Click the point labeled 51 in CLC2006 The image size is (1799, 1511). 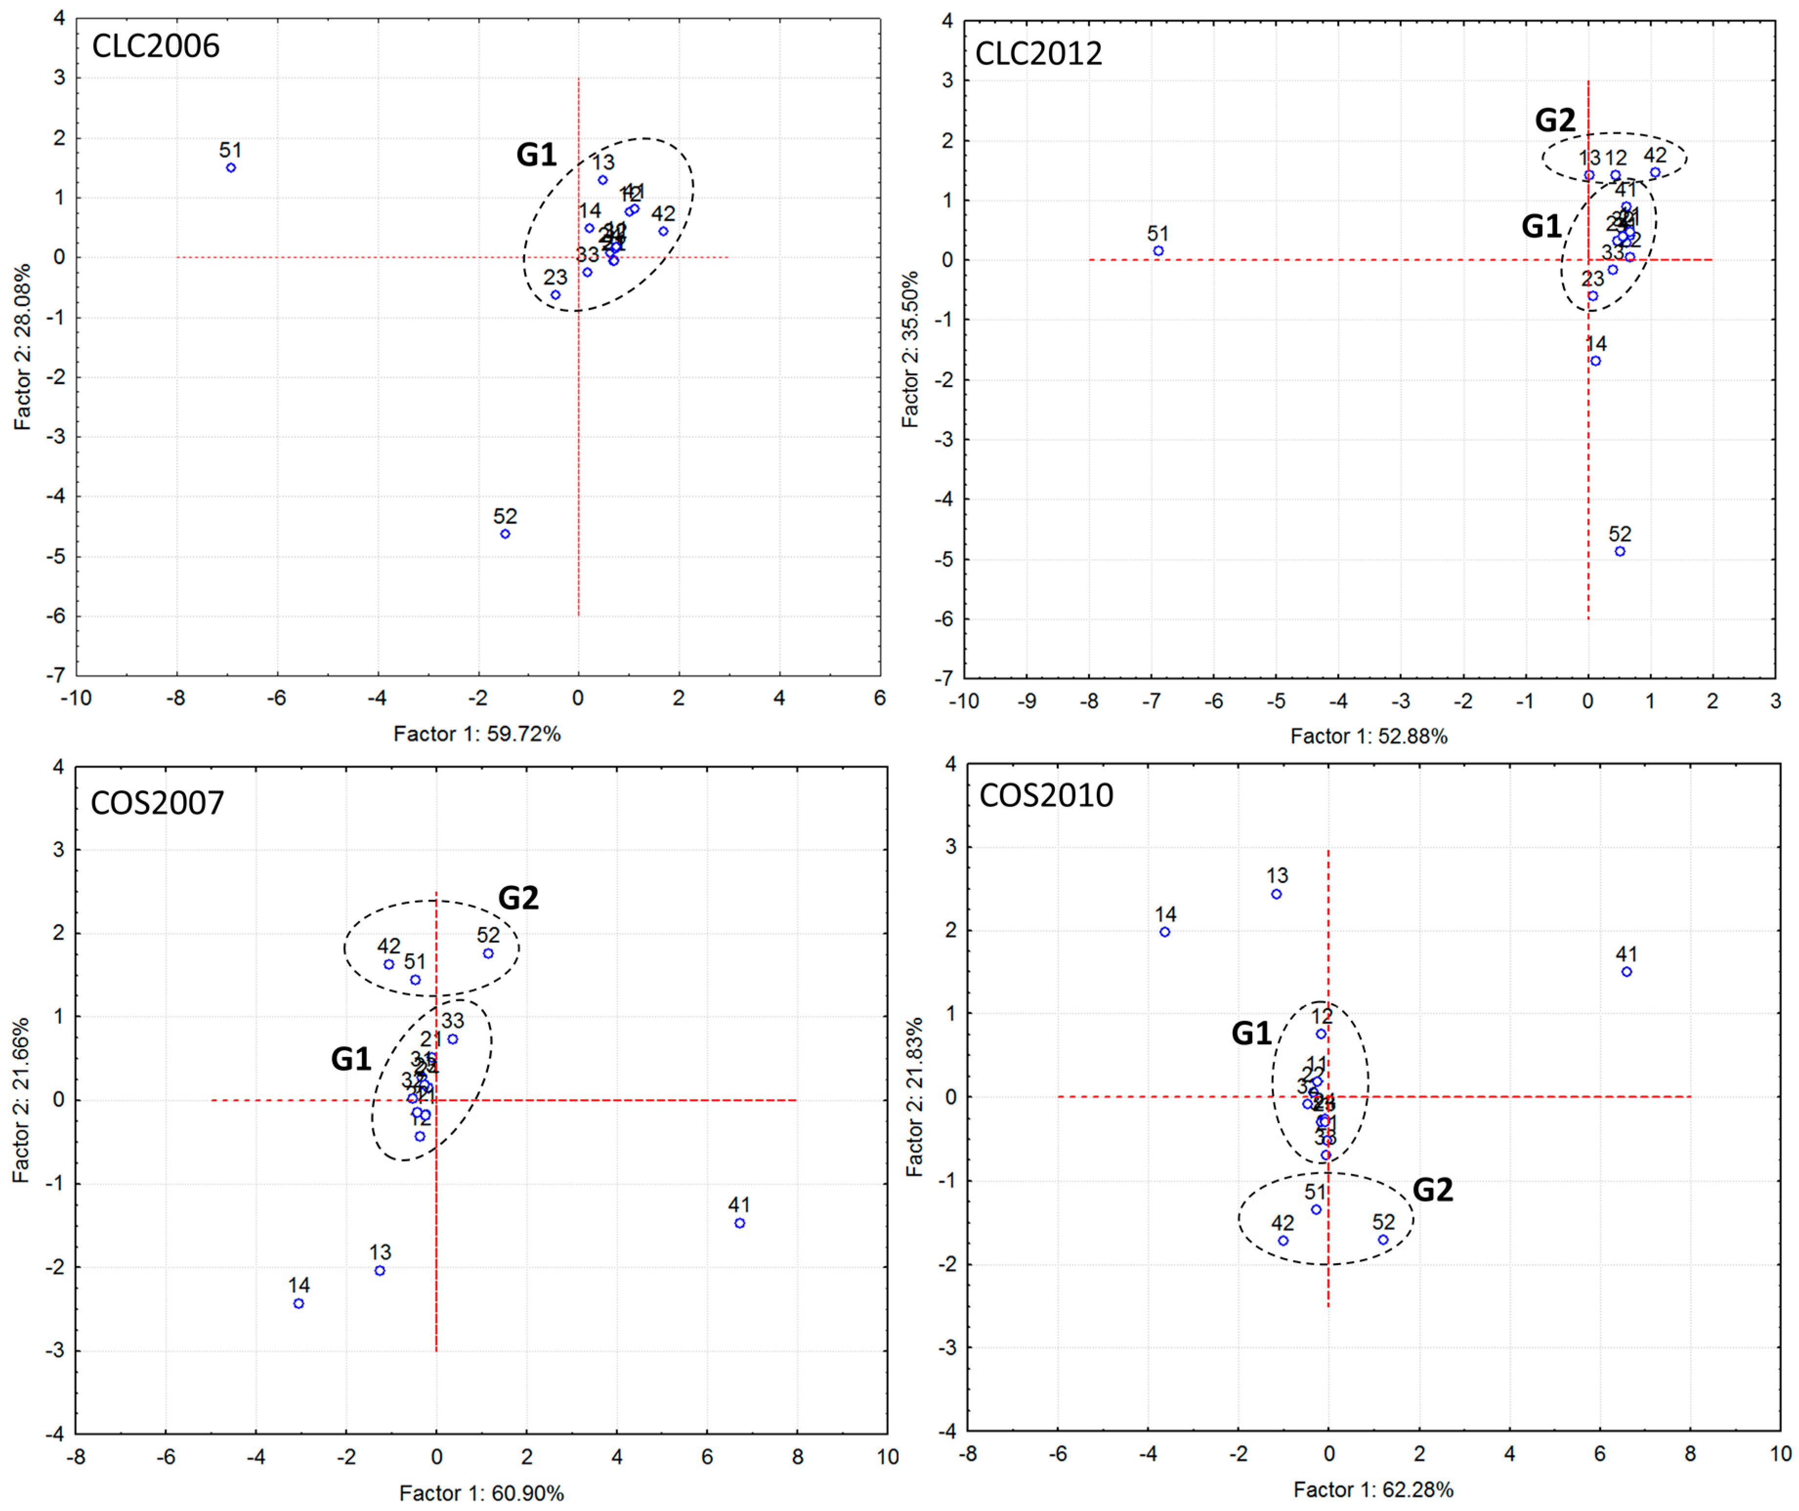tap(231, 168)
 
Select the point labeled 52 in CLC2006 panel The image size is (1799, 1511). tap(505, 534)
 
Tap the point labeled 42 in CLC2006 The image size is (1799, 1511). tap(663, 232)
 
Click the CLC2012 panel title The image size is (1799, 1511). tap(1038, 53)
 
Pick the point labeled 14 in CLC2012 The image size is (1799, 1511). tap(1595, 361)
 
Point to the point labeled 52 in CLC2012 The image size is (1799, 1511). tap(1619, 551)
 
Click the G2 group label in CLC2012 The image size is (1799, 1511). tap(1554, 121)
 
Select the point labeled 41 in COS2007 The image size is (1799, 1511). tap(739, 1223)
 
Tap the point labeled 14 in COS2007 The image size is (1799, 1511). tap(298, 1304)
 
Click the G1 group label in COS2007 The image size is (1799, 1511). tap(351, 1059)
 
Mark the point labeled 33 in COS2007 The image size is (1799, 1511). tap(452, 1039)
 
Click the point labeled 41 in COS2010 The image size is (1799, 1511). tap(1626, 972)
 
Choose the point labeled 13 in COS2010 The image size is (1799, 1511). tap(1276, 894)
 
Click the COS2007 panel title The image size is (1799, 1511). tap(158, 803)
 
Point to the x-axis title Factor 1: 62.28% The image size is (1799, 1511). tap(1373, 1489)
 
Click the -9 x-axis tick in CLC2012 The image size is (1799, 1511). tap(1026, 701)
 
